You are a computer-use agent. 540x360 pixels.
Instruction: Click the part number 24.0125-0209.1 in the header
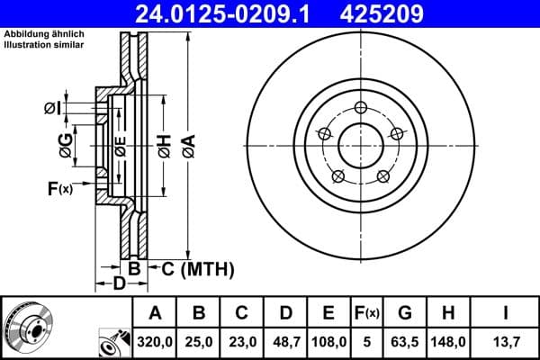[239, 13]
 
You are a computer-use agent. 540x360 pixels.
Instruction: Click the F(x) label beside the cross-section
[60, 188]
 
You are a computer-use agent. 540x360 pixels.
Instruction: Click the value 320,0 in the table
[154, 341]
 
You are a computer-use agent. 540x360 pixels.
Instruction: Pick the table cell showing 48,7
[284, 341]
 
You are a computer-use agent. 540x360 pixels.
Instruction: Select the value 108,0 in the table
[328, 341]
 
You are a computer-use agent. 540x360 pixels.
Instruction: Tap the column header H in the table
[449, 313]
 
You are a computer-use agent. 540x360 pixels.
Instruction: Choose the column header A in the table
[154, 313]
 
